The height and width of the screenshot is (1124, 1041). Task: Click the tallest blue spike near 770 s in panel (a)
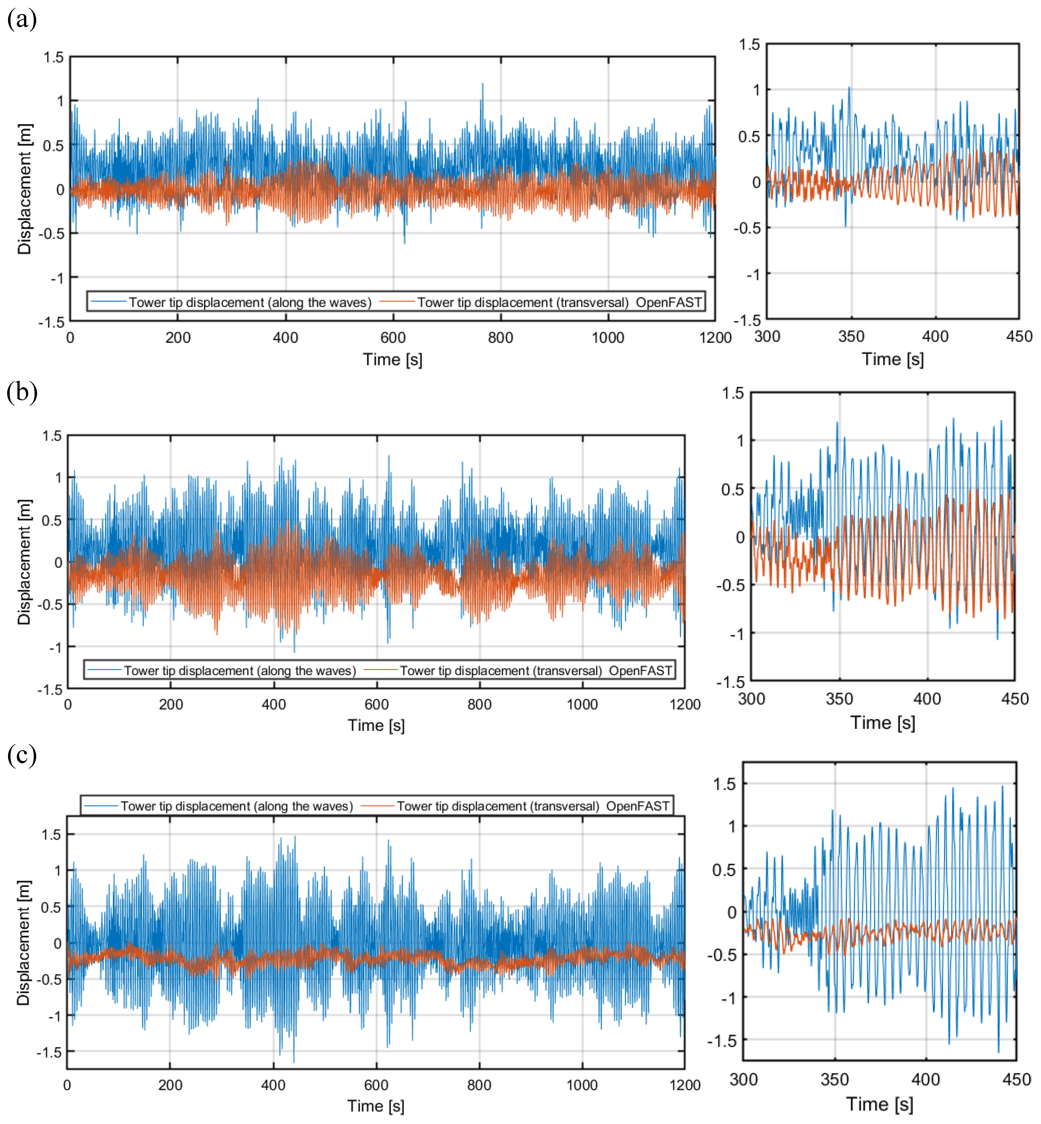coord(482,85)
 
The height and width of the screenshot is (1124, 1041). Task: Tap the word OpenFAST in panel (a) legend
coord(669,302)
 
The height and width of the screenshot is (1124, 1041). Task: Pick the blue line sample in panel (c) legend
coord(100,806)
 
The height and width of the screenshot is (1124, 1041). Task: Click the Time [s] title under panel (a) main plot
coord(393,359)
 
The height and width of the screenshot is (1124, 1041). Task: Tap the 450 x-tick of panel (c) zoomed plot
coord(1017,1079)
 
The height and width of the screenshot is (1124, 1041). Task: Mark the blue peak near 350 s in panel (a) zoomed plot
coord(849,88)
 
